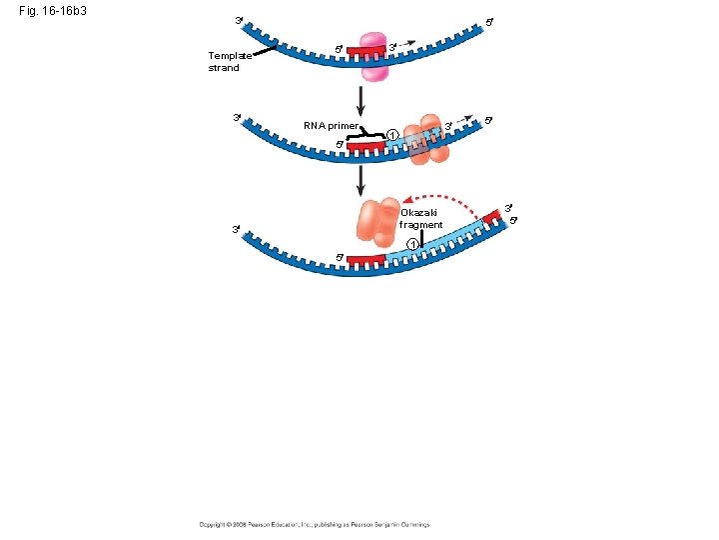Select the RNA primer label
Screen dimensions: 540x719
point(330,125)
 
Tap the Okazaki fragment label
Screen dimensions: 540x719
point(420,219)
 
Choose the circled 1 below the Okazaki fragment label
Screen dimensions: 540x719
point(411,246)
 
